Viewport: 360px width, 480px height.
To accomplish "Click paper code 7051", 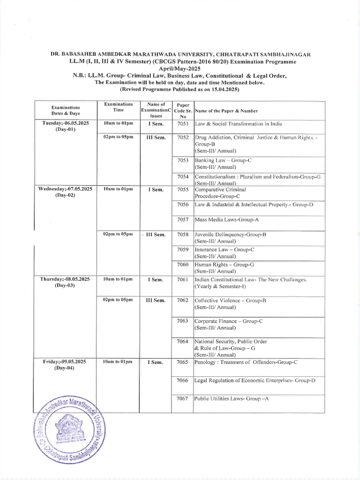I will pos(183,124).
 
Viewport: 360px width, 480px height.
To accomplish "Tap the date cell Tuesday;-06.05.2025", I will pos(66,123).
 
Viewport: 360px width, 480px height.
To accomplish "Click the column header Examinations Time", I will pos(118,107).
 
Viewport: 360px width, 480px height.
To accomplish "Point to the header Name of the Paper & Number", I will pos(226,111).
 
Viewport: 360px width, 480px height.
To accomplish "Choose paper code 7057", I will pos(183,219).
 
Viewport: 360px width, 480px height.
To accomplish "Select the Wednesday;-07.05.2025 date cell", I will pos(66,189).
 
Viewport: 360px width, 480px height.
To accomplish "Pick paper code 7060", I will pos(183,264).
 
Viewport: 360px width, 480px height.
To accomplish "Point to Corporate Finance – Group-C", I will pos(228,321).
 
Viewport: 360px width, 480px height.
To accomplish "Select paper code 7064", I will pos(183,341).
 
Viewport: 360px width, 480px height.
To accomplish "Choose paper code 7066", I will pos(183,380).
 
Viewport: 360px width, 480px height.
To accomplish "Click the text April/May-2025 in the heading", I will pos(180,69).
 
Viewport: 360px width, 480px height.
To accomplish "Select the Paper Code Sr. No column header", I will pos(183,111).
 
